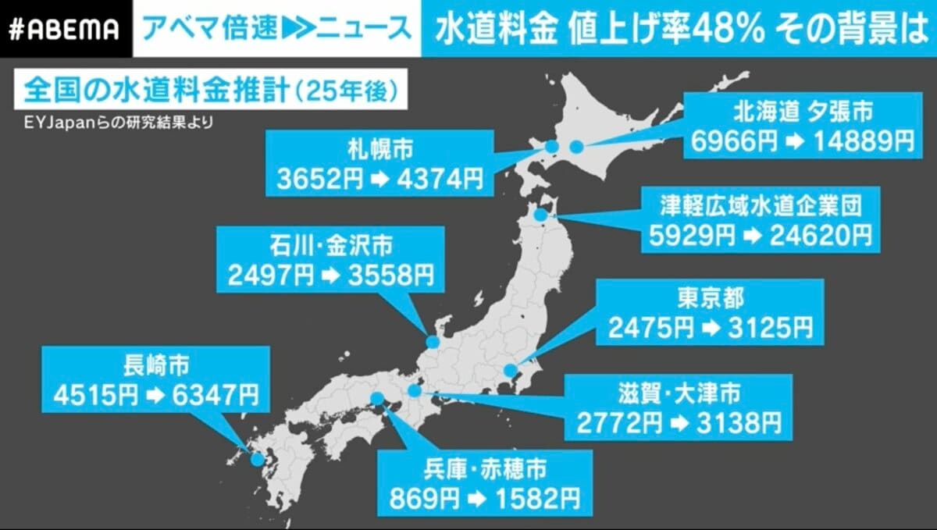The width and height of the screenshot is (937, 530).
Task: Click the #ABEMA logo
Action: [66, 29]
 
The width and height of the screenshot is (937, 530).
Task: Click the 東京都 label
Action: [704, 298]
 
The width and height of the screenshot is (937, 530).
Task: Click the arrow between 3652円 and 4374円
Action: [378, 181]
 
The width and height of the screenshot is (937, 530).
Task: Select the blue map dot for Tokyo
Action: [510, 370]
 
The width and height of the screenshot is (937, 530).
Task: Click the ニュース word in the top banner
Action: [372, 28]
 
